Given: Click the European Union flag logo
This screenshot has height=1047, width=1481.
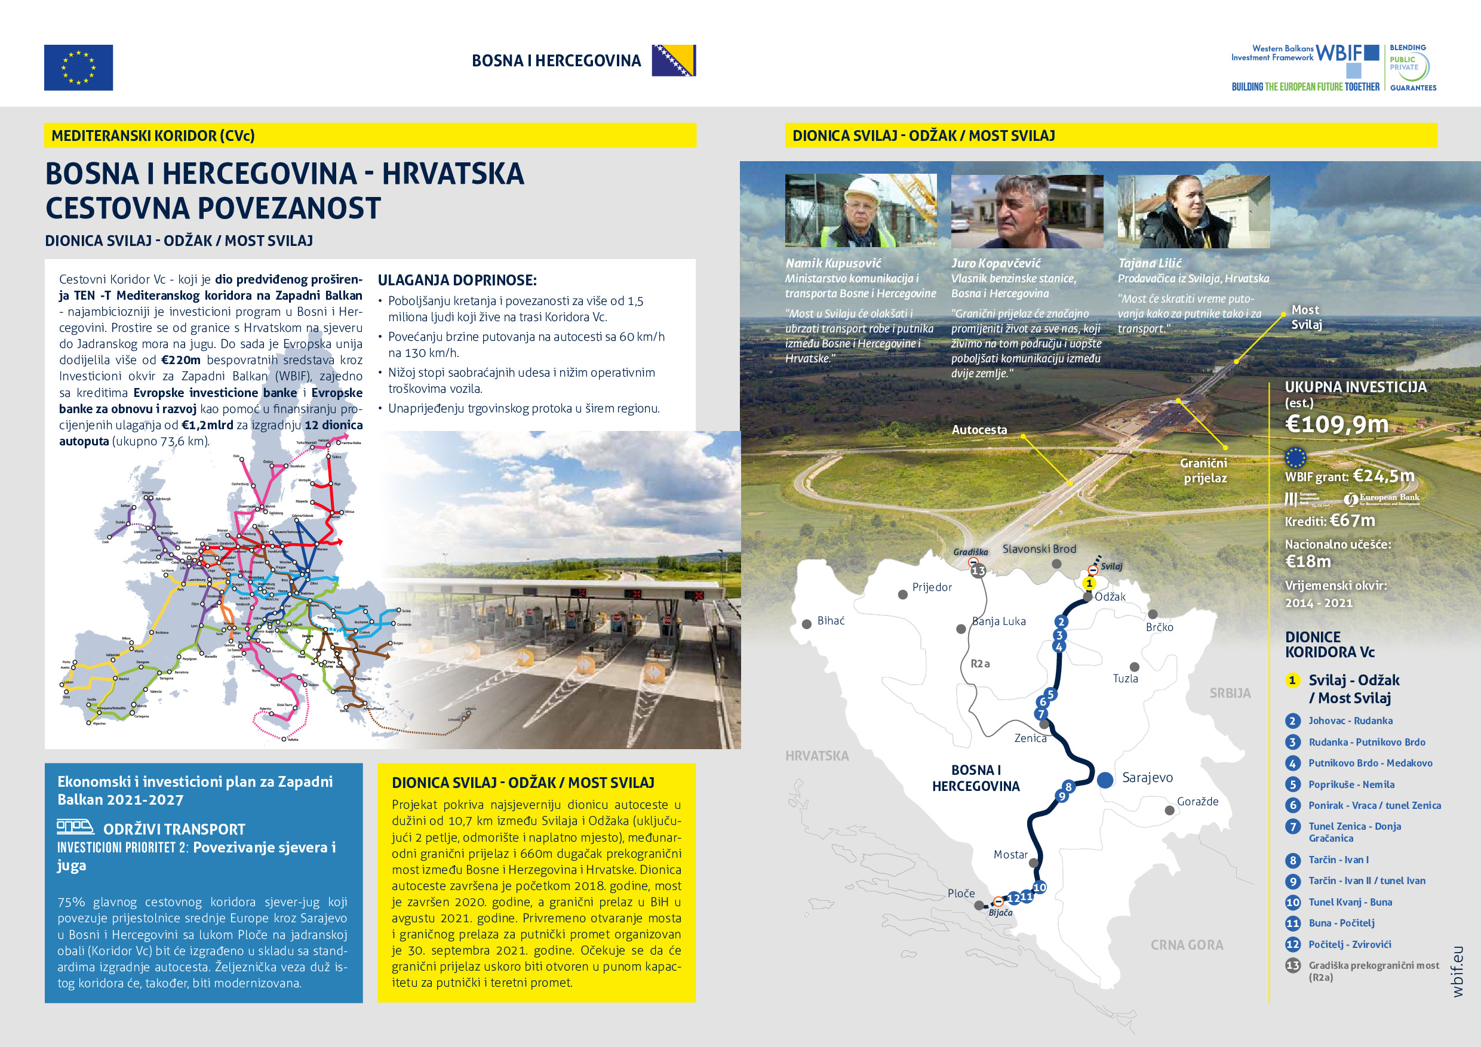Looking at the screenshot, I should [78, 67].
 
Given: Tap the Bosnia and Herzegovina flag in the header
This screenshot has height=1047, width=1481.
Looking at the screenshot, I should [674, 61].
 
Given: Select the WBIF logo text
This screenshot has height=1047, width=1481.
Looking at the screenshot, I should [1339, 53].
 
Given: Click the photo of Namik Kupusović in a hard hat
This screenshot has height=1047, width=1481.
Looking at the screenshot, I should [861, 211].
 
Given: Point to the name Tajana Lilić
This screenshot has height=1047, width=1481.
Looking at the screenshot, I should [1150, 263].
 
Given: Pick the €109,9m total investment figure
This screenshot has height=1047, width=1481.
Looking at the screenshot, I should [1336, 424].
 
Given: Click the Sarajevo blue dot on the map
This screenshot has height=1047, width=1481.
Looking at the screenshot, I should [1105, 780].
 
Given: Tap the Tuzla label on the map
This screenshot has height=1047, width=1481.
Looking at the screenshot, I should [1126, 678].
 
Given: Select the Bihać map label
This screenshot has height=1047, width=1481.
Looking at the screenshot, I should [831, 621].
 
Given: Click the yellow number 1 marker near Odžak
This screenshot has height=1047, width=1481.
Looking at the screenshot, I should [1089, 583].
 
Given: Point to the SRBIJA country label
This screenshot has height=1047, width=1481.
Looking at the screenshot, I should [1230, 693].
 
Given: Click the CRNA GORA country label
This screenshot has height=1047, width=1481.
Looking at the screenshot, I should [1187, 944].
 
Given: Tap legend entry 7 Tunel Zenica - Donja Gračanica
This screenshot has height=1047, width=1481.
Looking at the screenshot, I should [1354, 832].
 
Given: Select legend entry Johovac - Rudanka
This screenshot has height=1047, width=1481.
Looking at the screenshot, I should [1350, 720].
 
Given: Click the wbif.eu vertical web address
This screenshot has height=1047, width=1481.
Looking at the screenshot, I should [1458, 972].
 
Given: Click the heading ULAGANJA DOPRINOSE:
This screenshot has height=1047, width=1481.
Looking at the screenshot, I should [457, 281].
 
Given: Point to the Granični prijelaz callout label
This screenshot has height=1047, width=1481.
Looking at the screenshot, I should [1204, 470].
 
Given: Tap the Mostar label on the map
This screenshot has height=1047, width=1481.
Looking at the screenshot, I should [1010, 854].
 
